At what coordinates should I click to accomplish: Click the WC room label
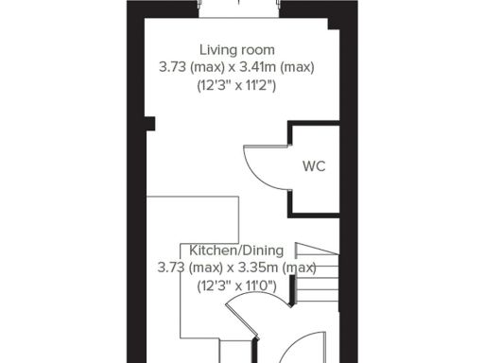click(x=314, y=166)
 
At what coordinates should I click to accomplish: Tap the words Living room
click(x=236, y=49)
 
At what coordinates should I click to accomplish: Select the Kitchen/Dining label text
click(x=235, y=251)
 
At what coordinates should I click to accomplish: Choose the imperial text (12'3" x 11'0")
click(x=236, y=285)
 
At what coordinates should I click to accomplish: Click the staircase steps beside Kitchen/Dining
click(x=318, y=274)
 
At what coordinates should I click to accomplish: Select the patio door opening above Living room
click(x=239, y=9)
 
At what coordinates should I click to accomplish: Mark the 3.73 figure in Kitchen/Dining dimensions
click(x=171, y=268)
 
